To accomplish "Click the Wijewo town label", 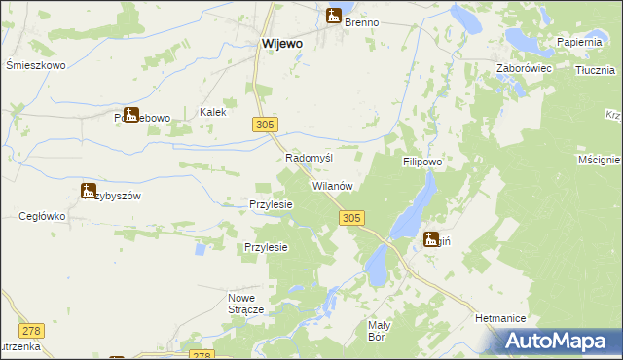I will [282, 44].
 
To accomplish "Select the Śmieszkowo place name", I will [35, 66].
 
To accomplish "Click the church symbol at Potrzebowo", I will [130, 115].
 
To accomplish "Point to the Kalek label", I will [213, 112].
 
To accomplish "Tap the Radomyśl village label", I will [310, 158].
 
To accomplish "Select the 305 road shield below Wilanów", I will [353, 220].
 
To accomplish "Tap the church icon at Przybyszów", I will [89, 191].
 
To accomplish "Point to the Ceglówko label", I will [41, 216].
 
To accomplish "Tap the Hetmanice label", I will [501, 318].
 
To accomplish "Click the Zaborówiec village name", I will [525, 69].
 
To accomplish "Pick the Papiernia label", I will [583, 42].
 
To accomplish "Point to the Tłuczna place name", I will [595, 70].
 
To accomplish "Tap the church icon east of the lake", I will [431, 239].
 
